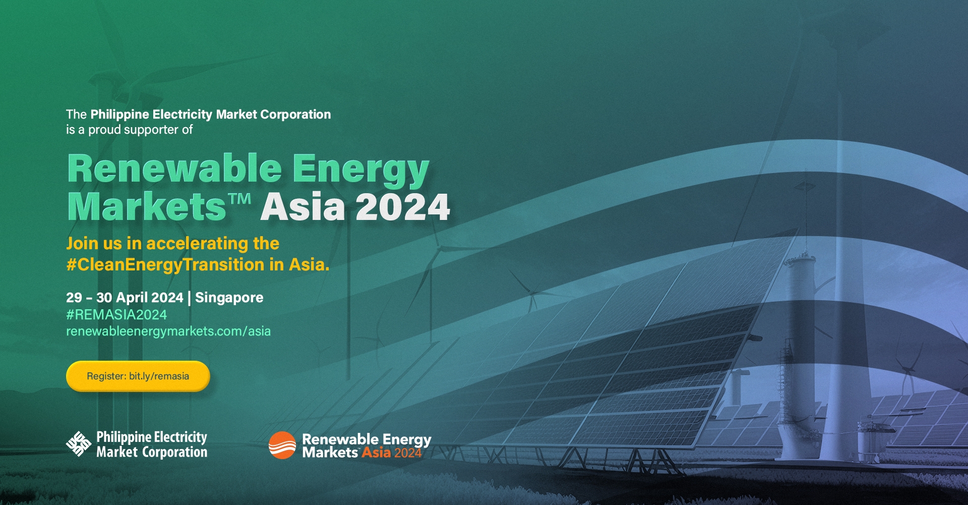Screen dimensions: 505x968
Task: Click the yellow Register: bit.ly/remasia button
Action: click(x=138, y=376)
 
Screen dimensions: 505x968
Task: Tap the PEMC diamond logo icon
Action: click(x=79, y=444)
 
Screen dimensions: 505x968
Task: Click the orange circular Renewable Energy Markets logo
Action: click(x=282, y=445)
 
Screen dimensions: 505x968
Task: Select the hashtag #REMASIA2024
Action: click(x=116, y=315)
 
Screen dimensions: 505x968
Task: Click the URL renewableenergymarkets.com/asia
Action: click(x=168, y=331)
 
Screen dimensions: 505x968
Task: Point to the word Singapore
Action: click(x=229, y=298)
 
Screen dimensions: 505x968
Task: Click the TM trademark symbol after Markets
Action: click(x=240, y=198)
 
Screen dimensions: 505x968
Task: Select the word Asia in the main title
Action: click(x=302, y=207)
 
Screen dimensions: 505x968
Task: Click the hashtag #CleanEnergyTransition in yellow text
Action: click(x=165, y=265)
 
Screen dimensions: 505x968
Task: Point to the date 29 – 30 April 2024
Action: click(x=125, y=298)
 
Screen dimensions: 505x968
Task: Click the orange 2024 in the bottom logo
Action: click(x=408, y=453)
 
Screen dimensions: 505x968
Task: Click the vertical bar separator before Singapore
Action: click(x=189, y=298)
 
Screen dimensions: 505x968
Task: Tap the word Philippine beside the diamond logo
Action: click(x=124, y=437)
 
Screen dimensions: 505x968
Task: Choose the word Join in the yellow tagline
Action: click(x=82, y=244)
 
